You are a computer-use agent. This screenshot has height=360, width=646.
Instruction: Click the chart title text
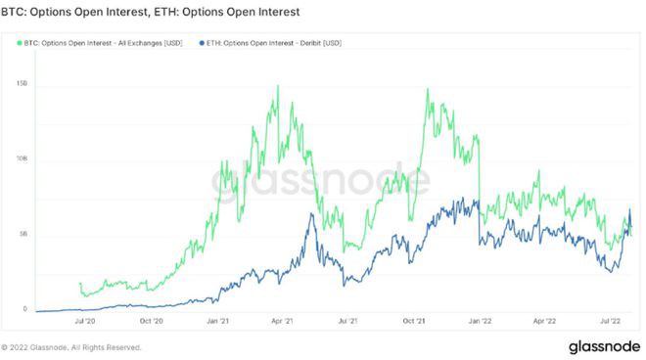[x=151, y=12]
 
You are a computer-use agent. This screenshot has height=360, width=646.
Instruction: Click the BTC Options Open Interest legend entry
[x=102, y=43]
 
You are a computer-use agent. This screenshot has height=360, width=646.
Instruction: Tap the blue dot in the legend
[x=201, y=43]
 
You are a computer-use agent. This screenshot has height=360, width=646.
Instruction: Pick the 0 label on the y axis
[x=24, y=309]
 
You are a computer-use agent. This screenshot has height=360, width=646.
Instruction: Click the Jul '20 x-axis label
[x=85, y=320]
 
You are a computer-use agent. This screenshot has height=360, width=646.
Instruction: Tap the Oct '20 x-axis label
[x=151, y=320]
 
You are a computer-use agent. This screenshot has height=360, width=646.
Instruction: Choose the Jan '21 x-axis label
[x=216, y=320]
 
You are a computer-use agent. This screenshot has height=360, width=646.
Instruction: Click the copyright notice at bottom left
[x=74, y=347]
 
